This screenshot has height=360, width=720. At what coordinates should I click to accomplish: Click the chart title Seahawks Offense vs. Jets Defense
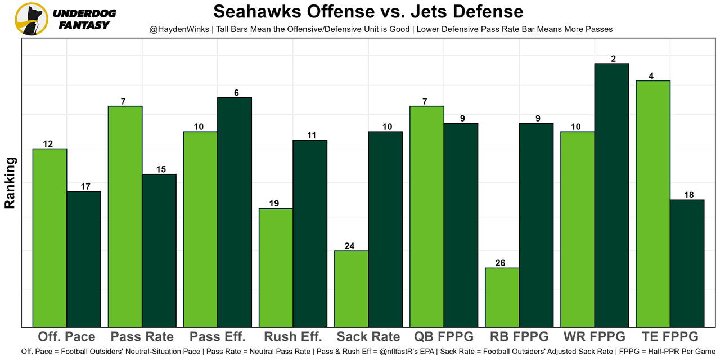coord(368,11)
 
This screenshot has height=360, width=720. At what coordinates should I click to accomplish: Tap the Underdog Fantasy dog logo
coord(31,19)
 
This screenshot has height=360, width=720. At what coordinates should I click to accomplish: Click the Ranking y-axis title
coord(10,183)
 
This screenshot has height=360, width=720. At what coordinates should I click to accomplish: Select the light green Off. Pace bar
coord(49,237)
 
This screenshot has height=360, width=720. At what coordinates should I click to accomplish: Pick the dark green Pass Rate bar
coord(159,250)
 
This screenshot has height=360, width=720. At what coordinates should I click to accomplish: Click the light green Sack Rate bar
coord(352,289)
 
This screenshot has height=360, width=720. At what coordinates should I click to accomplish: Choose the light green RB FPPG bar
coord(502,297)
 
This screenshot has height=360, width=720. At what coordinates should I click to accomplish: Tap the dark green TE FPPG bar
coord(687,263)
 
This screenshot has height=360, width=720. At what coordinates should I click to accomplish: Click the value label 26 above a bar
coord(502,263)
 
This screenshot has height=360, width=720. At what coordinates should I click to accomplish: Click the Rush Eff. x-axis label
coord(292,337)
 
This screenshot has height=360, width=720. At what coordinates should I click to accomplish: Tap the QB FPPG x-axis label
coord(443,337)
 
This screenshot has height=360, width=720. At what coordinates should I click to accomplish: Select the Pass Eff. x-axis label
coord(218,337)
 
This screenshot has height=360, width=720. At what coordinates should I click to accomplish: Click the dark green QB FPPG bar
coord(461,224)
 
